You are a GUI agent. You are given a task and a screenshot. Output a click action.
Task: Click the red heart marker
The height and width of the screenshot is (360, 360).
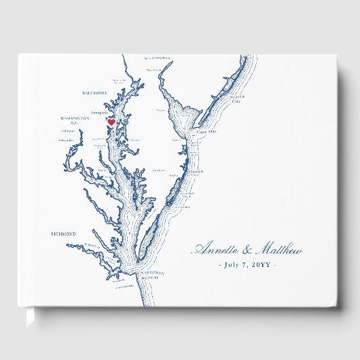[111, 122]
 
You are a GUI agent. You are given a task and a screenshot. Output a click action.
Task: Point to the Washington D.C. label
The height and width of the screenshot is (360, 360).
[75, 120]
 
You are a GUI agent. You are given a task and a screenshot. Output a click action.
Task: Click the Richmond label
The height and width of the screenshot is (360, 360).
[63, 233]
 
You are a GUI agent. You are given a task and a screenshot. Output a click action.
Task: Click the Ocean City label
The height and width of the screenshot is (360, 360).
[196, 173]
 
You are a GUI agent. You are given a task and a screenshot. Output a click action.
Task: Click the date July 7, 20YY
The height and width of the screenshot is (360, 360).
[247, 264]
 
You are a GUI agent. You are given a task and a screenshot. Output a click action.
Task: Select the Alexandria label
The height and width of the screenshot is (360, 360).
[67, 139]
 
